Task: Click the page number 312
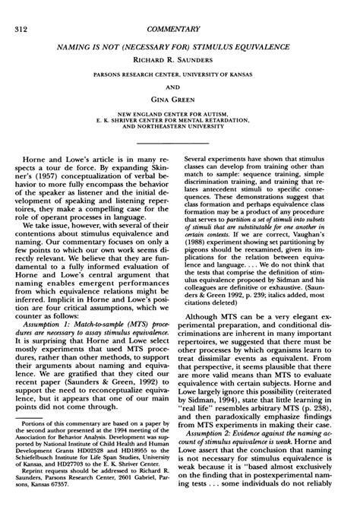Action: [x=21, y=9]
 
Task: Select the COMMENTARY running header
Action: [x=180, y=9]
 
